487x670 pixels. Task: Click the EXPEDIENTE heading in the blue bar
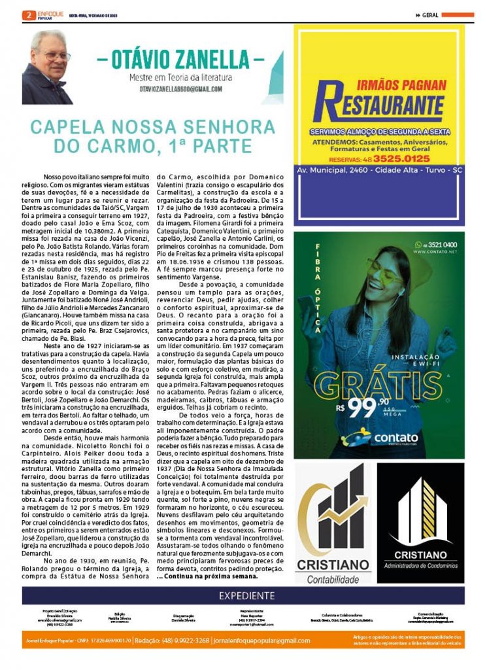coord(246,595)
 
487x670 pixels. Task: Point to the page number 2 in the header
coord(28,14)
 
